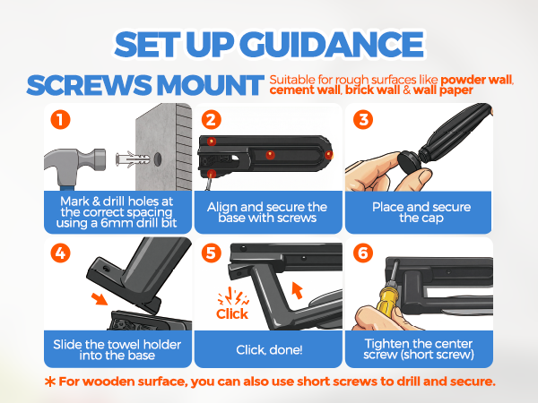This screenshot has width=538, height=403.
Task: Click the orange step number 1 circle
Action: tap(60, 120)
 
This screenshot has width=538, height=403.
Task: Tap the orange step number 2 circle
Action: tap(212, 120)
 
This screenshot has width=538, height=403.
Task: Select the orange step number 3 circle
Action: tap(363, 120)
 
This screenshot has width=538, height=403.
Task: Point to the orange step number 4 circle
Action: tap(60, 253)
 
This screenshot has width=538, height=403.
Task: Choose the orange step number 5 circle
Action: tap(212, 253)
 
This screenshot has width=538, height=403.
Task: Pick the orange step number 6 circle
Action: tap(363, 253)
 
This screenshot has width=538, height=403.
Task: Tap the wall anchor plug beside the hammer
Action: tap(133, 159)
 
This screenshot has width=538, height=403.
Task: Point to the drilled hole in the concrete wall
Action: tap(158, 159)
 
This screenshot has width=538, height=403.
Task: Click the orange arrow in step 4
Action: tap(100, 298)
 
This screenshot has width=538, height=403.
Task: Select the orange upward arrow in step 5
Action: tap(297, 290)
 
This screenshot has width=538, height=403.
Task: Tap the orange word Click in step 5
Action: tap(232, 313)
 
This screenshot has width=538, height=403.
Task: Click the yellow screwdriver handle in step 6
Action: tap(386, 300)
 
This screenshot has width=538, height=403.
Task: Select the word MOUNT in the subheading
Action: tap(210, 85)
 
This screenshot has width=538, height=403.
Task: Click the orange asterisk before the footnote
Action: tap(50, 382)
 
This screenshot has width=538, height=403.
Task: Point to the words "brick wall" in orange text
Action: tap(372, 90)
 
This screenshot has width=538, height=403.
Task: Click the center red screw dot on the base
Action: tap(271, 155)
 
